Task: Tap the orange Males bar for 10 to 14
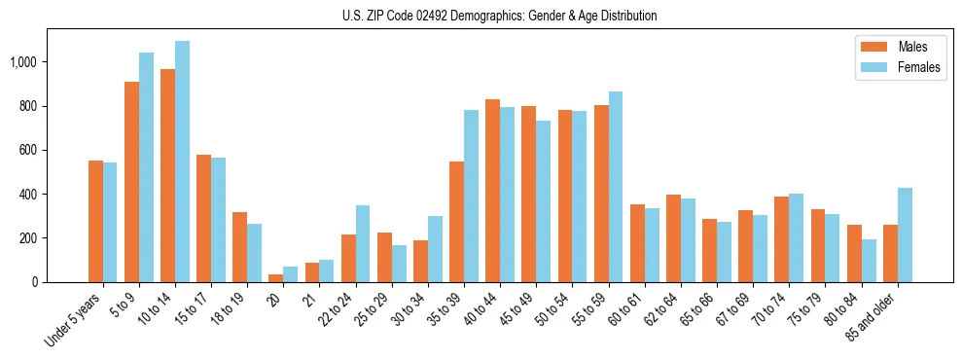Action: pyautogui.click(x=167, y=175)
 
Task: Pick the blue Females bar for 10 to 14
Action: pyautogui.click(x=182, y=162)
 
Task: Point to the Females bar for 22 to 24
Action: pyautogui.click(x=363, y=243)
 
